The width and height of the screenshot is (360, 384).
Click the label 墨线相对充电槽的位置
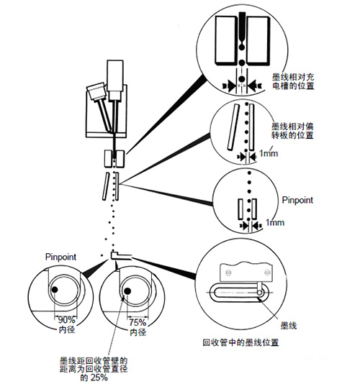293,81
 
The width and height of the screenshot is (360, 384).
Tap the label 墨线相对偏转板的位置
292,131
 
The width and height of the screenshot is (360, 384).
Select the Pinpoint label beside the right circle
297,200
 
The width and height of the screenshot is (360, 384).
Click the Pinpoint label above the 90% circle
60,257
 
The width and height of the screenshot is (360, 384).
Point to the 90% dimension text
66,320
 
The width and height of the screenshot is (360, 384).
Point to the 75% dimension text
138,322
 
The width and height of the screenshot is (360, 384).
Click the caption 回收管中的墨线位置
240,342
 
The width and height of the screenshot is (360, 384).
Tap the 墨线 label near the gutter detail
289,326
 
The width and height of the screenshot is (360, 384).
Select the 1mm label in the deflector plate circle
269,154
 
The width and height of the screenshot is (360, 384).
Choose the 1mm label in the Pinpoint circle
275,223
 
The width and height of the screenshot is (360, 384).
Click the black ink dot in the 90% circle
55,290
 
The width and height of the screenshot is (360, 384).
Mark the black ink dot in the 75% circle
127,291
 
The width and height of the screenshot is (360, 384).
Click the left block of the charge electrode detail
226,40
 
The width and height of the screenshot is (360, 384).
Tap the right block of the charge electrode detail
258,40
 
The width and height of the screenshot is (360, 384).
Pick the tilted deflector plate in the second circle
233,127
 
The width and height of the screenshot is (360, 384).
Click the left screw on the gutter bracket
228,272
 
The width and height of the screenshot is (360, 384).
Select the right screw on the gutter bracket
266,273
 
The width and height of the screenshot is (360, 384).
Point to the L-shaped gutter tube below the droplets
121,256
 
